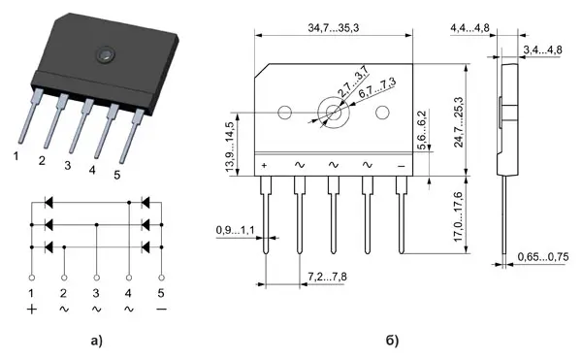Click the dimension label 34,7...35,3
click(x=334, y=28)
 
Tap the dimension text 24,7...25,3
click(x=459, y=122)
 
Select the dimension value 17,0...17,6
click(x=459, y=216)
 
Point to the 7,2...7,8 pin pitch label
click(x=328, y=277)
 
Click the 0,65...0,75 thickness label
click(x=543, y=257)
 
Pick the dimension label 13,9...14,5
click(x=230, y=147)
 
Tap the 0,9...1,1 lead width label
click(x=236, y=231)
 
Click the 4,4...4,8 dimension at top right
click(x=469, y=28)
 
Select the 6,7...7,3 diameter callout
click(x=377, y=87)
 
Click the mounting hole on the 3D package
click(x=106, y=55)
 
